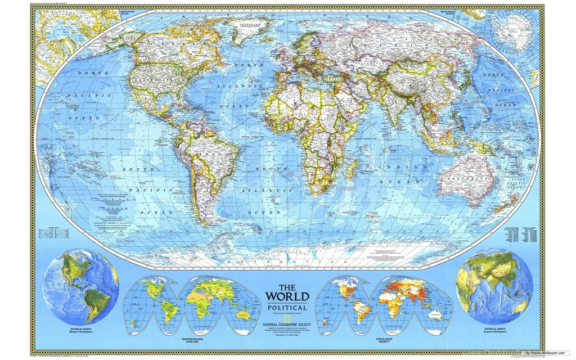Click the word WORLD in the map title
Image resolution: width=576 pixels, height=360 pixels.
tap(287, 296)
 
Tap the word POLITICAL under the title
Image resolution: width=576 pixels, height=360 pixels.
tap(287, 308)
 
